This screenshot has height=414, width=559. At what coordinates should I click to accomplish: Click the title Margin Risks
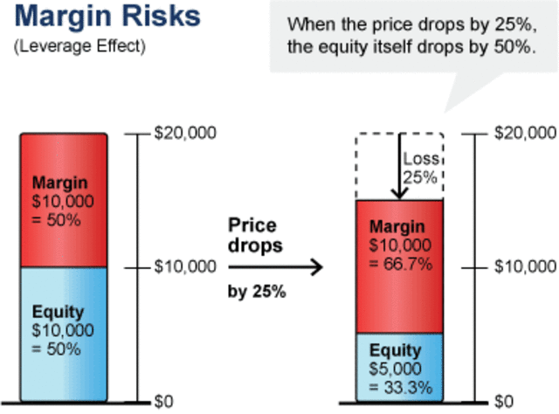[x=107, y=18]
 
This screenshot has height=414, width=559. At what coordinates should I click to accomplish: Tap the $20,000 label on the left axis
[x=178, y=133]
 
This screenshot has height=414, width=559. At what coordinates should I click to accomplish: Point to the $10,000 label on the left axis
[x=178, y=266]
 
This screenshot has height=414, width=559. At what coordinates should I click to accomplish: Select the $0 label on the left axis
[x=165, y=401]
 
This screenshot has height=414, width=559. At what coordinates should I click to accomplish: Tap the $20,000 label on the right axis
[x=525, y=133]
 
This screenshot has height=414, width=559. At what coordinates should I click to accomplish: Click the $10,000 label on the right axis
[x=525, y=266]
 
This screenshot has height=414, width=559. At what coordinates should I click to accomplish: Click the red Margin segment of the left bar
[x=63, y=201]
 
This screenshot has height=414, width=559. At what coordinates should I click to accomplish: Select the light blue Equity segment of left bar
[x=63, y=332]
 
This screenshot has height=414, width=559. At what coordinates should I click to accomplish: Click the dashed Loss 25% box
[x=419, y=166]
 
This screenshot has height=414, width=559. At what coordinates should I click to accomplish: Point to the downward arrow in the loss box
[x=397, y=166]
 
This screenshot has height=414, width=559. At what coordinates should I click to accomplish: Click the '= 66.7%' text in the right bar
[x=399, y=262]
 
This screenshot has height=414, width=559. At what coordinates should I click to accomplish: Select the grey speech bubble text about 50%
[x=410, y=36]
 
